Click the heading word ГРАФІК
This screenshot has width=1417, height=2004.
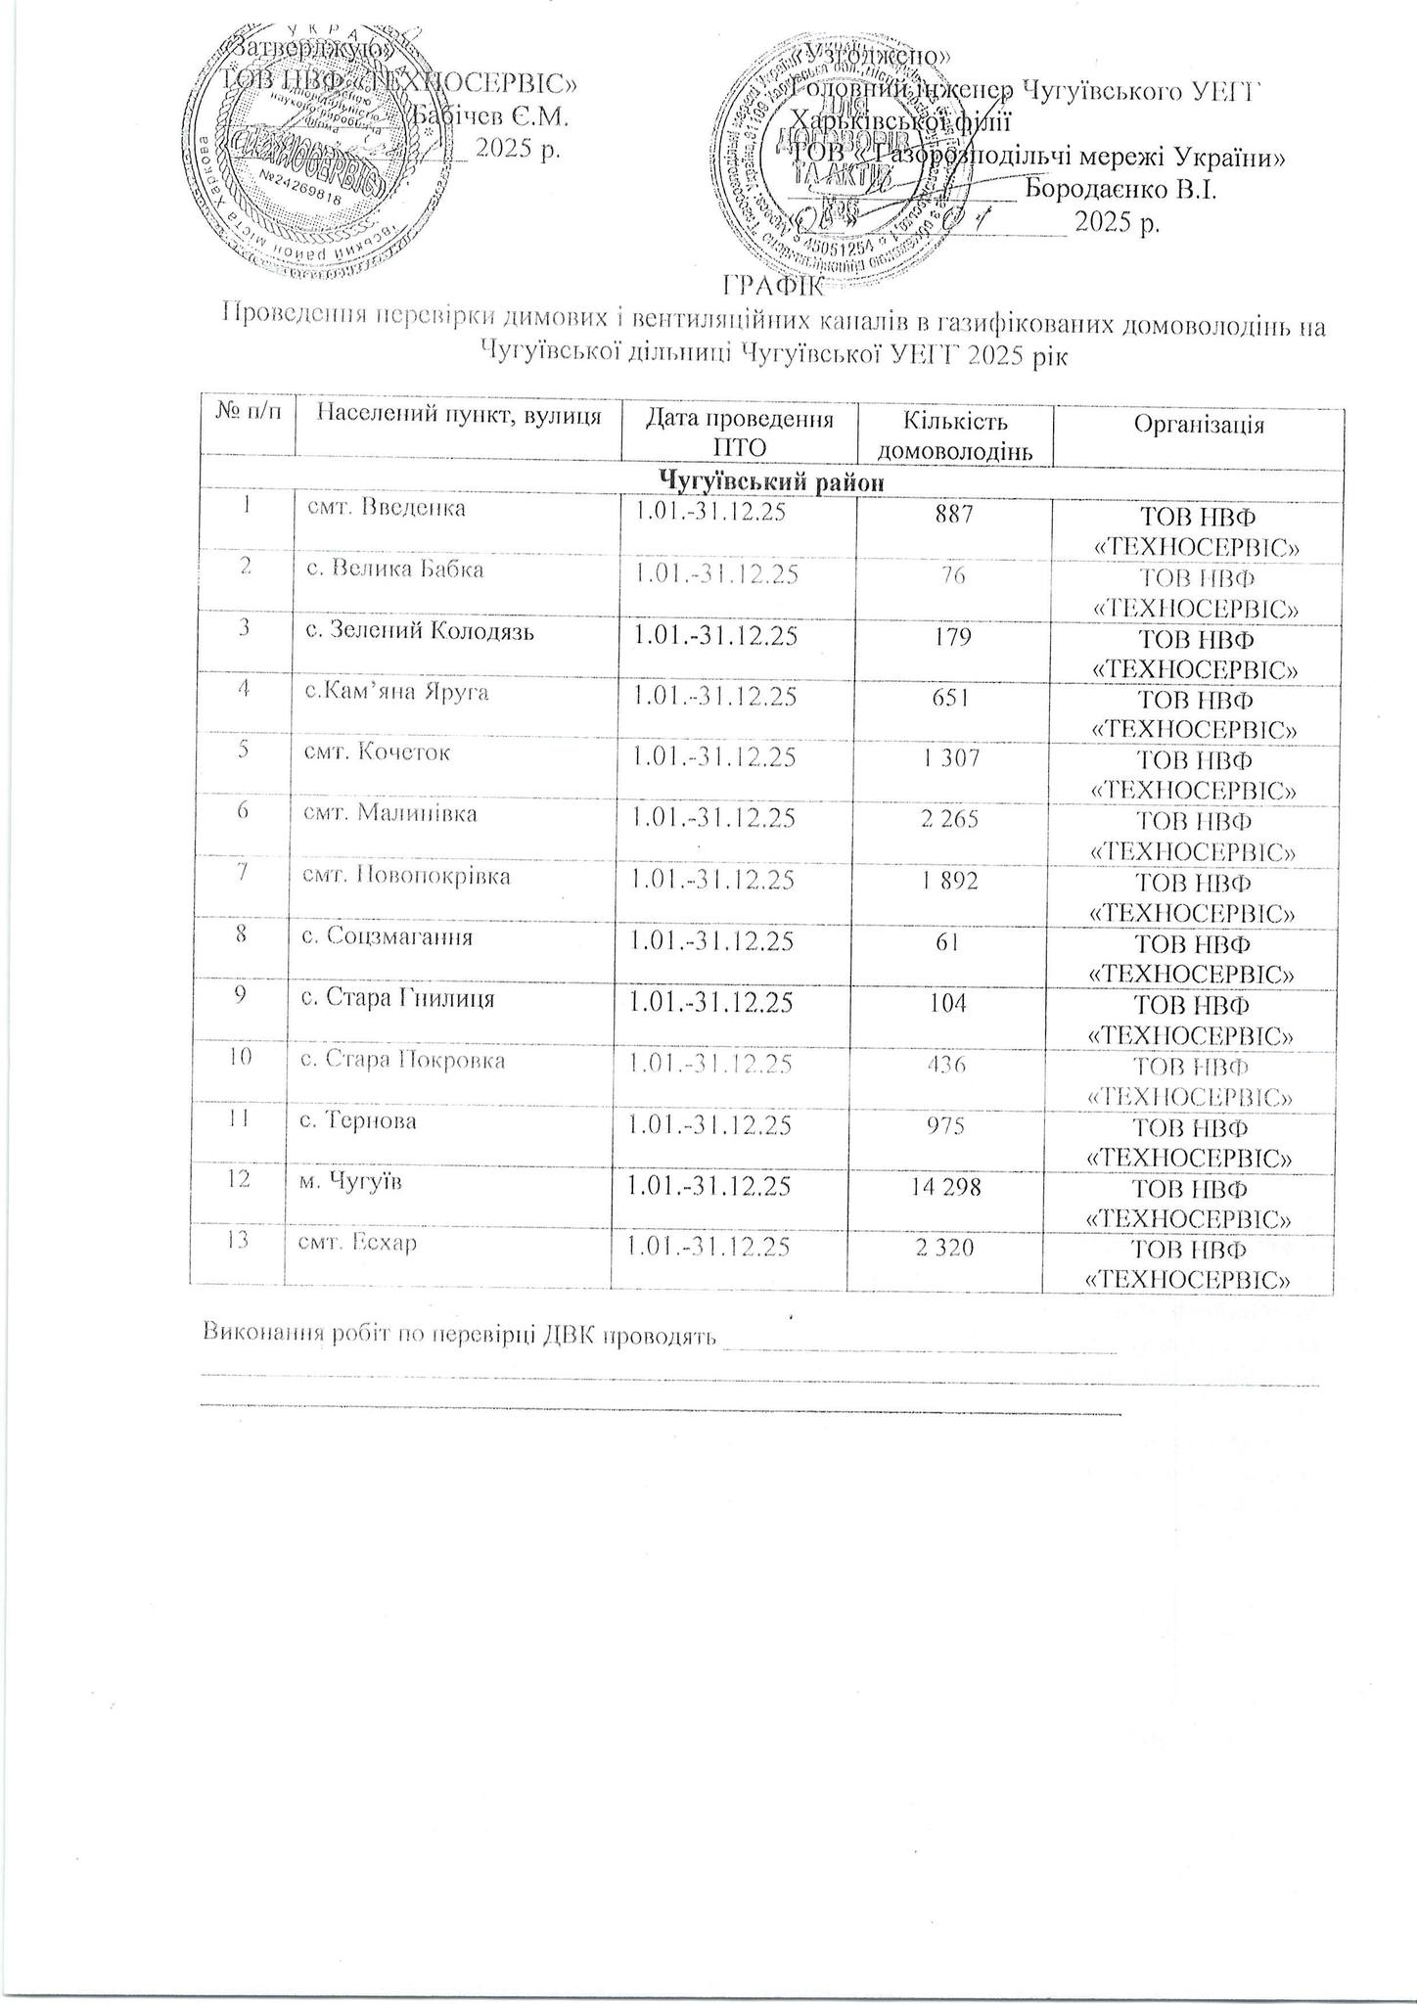pyautogui.click(x=773, y=287)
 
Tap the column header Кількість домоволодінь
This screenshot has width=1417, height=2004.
pyautogui.click(x=954, y=436)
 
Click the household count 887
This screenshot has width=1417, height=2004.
pyautogui.click(x=953, y=512)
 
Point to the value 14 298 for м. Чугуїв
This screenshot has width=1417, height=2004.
pyautogui.click(x=952, y=1187)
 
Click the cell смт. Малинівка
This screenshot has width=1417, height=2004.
pyautogui.click(x=390, y=813)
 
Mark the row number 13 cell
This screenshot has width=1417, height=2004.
pyautogui.click(x=239, y=1241)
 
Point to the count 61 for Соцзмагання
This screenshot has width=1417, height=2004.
pyautogui.click(x=953, y=942)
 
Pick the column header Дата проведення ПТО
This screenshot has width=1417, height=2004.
pyautogui.click(x=738, y=433)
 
